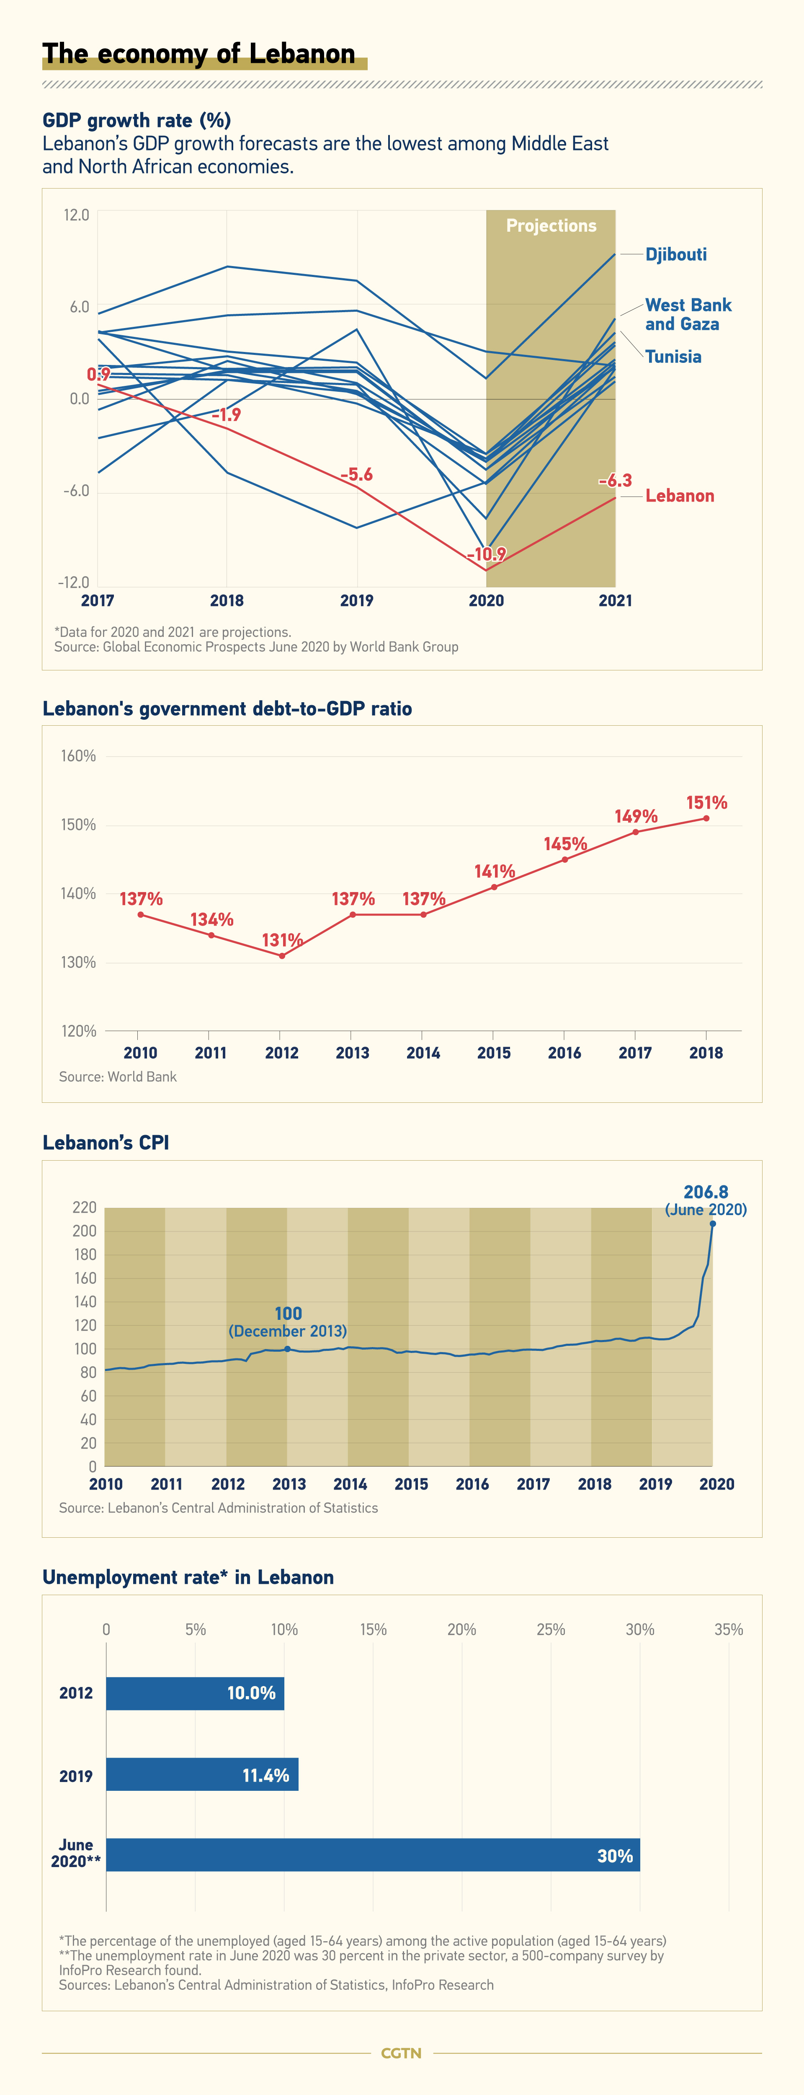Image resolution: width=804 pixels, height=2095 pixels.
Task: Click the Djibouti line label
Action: tap(675, 255)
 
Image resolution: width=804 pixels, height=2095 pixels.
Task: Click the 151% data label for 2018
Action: tap(706, 803)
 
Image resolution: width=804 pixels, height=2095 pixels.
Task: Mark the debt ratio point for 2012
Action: tap(282, 956)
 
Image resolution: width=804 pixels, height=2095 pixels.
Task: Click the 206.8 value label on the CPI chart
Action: tap(706, 1192)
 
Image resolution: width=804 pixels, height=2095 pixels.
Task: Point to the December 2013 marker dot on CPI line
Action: tap(287, 1349)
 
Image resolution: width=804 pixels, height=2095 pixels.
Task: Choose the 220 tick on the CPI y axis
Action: tap(85, 1208)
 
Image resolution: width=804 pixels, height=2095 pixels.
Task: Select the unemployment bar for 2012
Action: tap(195, 1693)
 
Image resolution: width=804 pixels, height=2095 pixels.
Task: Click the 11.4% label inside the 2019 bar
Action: tap(266, 1775)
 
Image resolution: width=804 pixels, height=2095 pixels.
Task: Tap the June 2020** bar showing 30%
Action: tap(373, 1855)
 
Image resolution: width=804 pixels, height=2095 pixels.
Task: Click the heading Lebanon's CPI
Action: tap(106, 1143)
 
